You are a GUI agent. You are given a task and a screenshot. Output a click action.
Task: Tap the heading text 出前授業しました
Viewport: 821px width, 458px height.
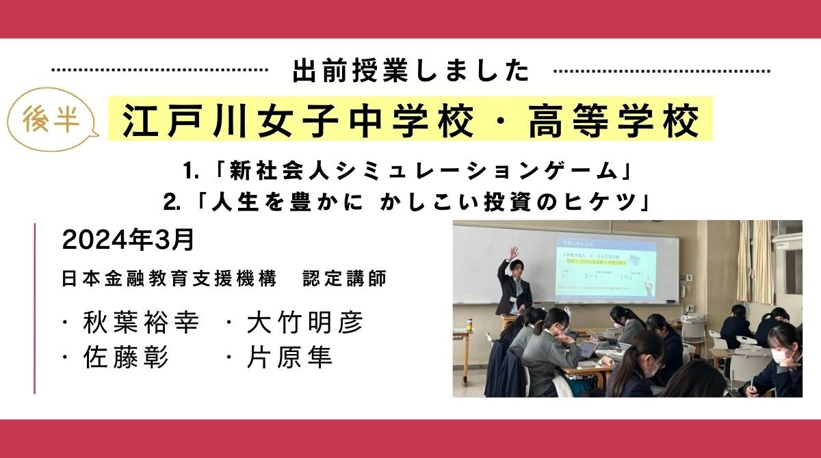click(410, 71)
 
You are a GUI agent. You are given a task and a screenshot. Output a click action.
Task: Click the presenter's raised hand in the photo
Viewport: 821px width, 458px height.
click(513, 252)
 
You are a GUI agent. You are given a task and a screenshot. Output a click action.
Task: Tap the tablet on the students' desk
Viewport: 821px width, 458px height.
click(588, 349)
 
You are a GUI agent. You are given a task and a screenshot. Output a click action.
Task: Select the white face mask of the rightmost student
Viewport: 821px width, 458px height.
click(780, 358)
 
